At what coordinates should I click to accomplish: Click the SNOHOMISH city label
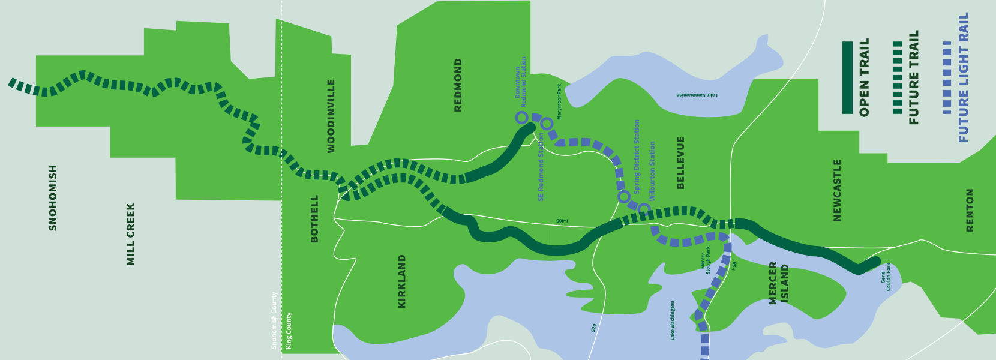coord(53,198)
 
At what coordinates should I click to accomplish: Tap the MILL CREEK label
coord(131,234)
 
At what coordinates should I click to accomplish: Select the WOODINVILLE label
coord(331,116)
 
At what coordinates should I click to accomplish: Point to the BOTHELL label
coord(314,218)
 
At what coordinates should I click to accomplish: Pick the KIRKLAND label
coord(402,281)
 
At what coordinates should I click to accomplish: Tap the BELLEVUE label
coord(680,163)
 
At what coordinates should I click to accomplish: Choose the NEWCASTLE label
coord(838,190)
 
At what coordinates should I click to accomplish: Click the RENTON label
coord(970,210)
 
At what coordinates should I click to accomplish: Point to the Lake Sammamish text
coord(697,95)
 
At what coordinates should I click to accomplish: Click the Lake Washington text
coord(673,321)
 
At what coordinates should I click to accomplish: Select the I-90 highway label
coord(734,266)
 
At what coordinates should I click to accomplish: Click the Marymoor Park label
coord(559,102)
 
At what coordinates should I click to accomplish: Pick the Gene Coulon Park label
coord(886,277)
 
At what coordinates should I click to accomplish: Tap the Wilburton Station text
coord(652,171)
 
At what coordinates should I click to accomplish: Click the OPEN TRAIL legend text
coord(864,78)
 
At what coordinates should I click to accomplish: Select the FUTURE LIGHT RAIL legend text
coord(964,78)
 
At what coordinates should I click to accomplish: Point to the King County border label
coord(289,331)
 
